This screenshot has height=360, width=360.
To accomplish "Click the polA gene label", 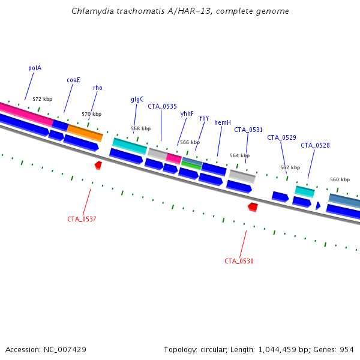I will click(35, 68).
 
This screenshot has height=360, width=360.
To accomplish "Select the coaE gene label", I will click(73, 80).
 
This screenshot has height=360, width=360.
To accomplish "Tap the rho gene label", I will click(97, 88).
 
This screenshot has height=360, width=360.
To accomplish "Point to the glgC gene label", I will click(137, 100).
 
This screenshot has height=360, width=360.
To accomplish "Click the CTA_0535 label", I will click(162, 107).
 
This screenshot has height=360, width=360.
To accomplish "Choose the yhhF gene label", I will click(187, 113).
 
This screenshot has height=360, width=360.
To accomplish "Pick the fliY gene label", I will click(204, 119).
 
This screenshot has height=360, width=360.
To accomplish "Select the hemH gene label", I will click(223, 123).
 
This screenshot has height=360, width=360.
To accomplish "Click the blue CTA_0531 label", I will click(248, 130).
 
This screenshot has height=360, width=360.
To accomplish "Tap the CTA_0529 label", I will click(281, 138).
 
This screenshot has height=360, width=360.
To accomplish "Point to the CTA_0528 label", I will click(315, 145).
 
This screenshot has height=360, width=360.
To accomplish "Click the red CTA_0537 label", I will click(82, 220).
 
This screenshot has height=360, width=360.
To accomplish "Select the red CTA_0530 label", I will click(239, 262).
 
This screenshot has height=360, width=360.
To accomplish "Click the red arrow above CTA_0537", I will click(98, 165).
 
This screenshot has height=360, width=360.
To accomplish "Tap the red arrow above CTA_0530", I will click(253, 207).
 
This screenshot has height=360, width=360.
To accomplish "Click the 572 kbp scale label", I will click(42, 100).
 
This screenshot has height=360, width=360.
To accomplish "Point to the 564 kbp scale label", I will click(239, 156).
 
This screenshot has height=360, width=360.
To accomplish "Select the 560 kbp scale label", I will click(340, 180).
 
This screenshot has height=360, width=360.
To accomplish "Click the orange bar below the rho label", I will click(85, 133).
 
